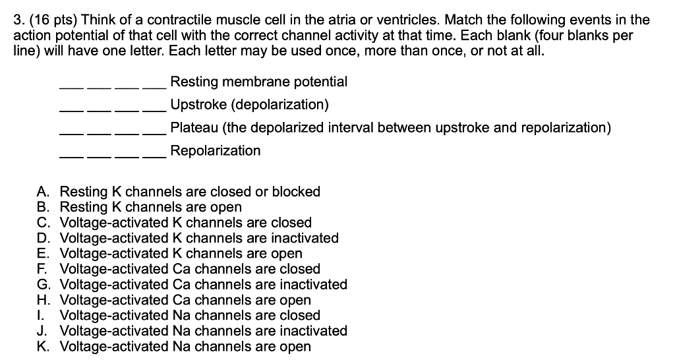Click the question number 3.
pyautogui.click(x=18, y=20)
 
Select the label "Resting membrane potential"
pyautogui.click(x=258, y=82)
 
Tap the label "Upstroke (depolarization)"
pyautogui.click(x=249, y=105)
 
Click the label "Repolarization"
pyautogui.click(x=215, y=151)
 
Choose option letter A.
pyautogui.click(x=43, y=192)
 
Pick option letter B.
pyautogui.click(x=43, y=208)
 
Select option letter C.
pyautogui.click(x=43, y=223)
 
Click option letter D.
pyautogui.click(x=43, y=238)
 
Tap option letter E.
pyautogui.click(x=43, y=254)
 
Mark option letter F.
pyautogui.click(x=42, y=269)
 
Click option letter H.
pyautogui.click(x=43, y=300)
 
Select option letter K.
pyautogui.click(x=43, y=346)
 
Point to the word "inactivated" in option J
pyautogui.click(x=313, y=331)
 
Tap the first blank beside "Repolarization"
pyautogui.click(x=72, y=156)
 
